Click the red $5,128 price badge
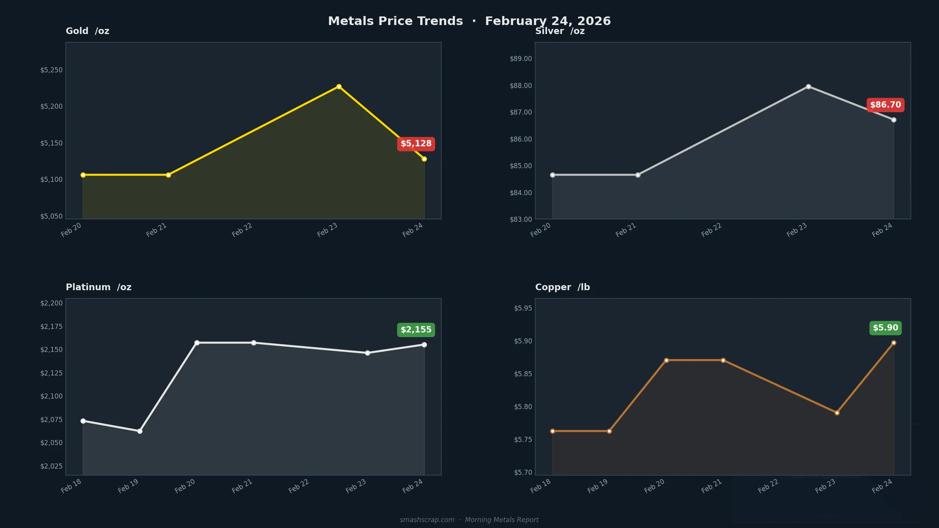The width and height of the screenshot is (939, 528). coord(416,144)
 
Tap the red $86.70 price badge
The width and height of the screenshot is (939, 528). coord(885,105)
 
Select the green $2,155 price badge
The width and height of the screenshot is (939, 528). coord(416,330)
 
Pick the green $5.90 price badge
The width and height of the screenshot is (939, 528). coord(885,328)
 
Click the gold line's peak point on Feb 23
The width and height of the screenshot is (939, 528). coord(339,86)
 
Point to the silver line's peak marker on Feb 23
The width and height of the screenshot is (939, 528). coord(808,86)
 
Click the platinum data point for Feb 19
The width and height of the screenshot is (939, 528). coord(140,431)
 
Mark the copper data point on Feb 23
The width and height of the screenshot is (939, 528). coord(837,413)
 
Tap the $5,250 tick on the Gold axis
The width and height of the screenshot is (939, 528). coord(51,70)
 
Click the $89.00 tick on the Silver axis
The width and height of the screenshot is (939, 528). coord(521,59)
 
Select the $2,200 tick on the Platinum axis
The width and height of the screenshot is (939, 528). coord(51,303)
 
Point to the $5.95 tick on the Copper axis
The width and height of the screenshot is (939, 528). coord(523,308)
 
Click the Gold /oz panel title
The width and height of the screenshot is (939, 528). coord(87,31)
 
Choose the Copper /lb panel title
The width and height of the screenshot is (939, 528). coord(562,287)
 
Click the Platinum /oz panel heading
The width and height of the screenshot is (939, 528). coord(99,287)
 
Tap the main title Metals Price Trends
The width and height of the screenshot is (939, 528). coord(395,21)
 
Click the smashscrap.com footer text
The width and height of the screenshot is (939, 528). coord(427,520)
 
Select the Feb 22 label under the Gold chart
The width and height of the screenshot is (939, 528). coord(242,230)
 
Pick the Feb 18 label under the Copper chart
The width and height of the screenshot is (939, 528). coord(541,486)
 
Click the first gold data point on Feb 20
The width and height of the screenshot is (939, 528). coord(83,175)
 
